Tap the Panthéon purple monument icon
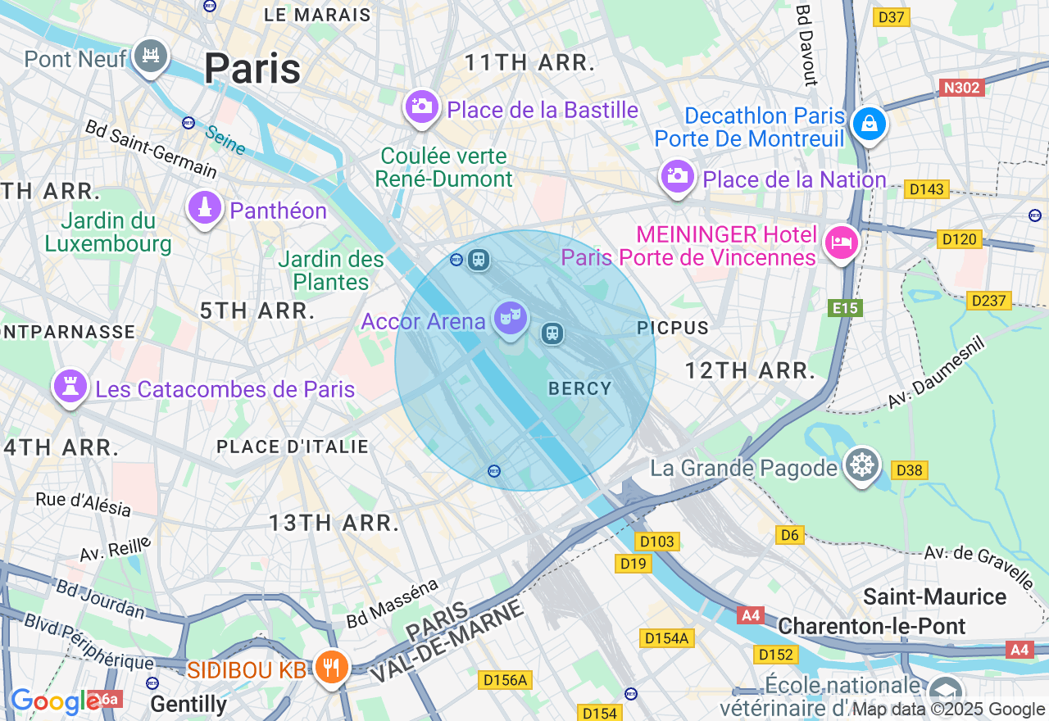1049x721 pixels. click(205, 209)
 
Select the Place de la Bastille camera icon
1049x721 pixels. click(422, 107)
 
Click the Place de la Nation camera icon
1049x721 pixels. click(677, 176)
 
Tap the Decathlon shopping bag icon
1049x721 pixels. click(867, 125)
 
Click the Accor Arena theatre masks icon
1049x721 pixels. click(509, 318)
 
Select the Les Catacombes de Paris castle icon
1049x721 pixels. click(70, 387)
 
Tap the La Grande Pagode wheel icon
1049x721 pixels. click(862, 466)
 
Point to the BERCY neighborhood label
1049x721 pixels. click(579, 388)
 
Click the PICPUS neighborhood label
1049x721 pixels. click(672, 328)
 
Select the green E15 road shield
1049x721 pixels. click(844, 308)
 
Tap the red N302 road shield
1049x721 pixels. click(960, 88)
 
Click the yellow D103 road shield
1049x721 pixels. click(656, 542)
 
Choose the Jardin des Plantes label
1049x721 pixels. click(331, 270)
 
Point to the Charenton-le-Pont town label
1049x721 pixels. click(871, 626)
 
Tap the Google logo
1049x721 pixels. click(54, 701)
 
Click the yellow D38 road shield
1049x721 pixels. click(910, 470)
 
